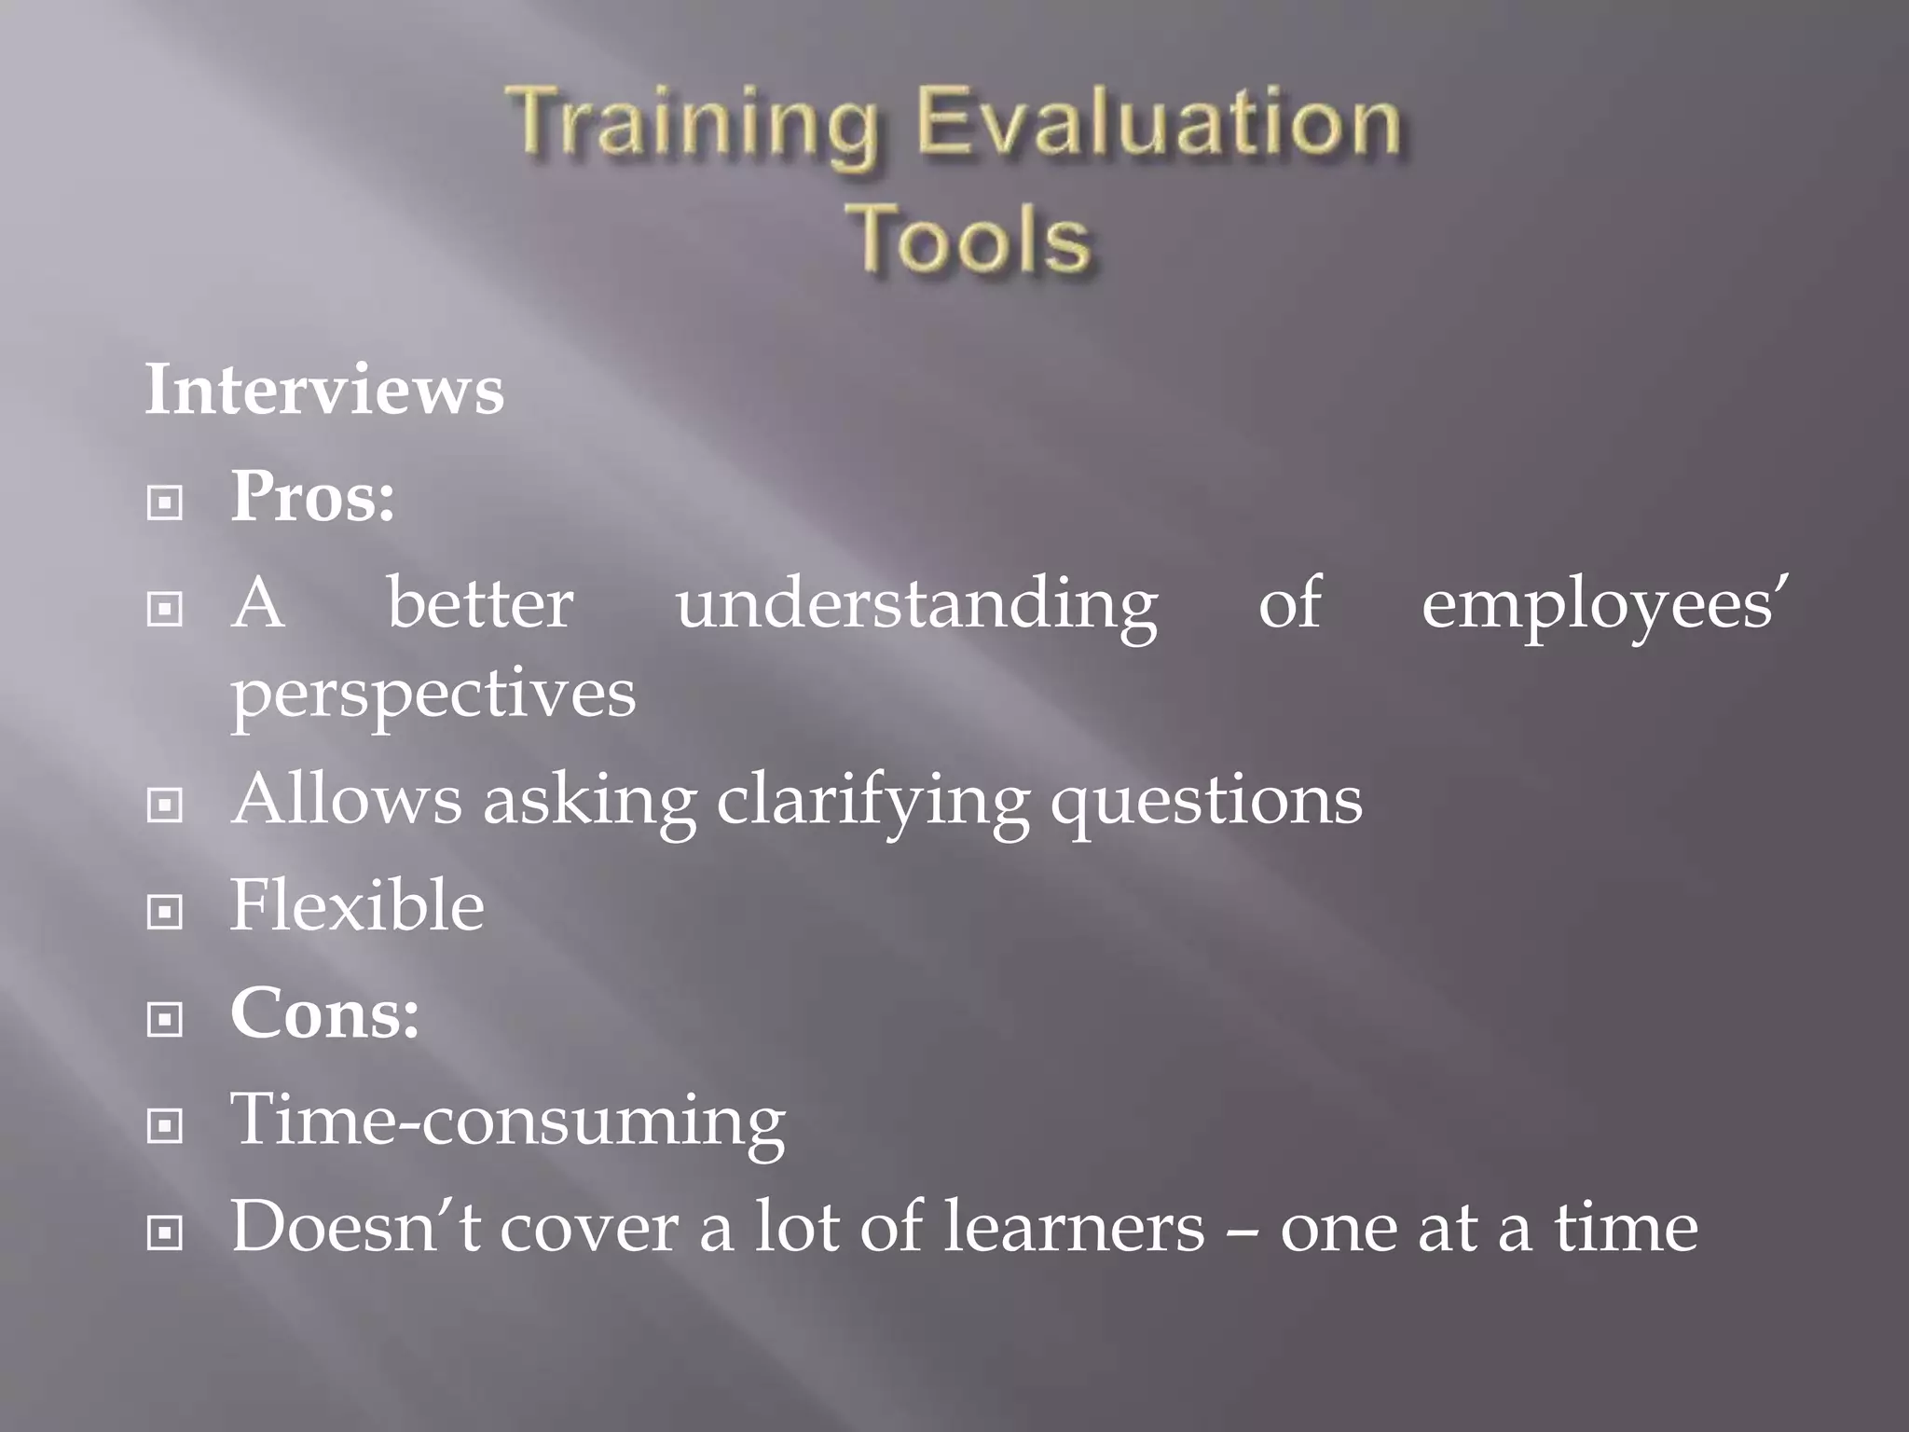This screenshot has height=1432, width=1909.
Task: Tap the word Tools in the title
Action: (969, 239)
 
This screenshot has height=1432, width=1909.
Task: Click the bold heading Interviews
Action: (324, 390)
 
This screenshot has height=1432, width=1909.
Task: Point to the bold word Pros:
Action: (312, 496)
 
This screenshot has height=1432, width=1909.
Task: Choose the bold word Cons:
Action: (324, 1013)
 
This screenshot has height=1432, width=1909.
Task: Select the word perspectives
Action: (433, 695)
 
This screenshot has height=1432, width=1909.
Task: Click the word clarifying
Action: (872, 802)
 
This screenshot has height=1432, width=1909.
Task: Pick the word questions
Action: (1206, 802)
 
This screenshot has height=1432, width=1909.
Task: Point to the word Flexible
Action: (357, 905)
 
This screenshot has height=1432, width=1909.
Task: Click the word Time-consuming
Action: (508, 1121)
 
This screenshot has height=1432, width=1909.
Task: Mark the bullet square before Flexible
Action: (165, 912)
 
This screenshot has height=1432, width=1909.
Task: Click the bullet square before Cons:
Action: (165, 1020)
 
